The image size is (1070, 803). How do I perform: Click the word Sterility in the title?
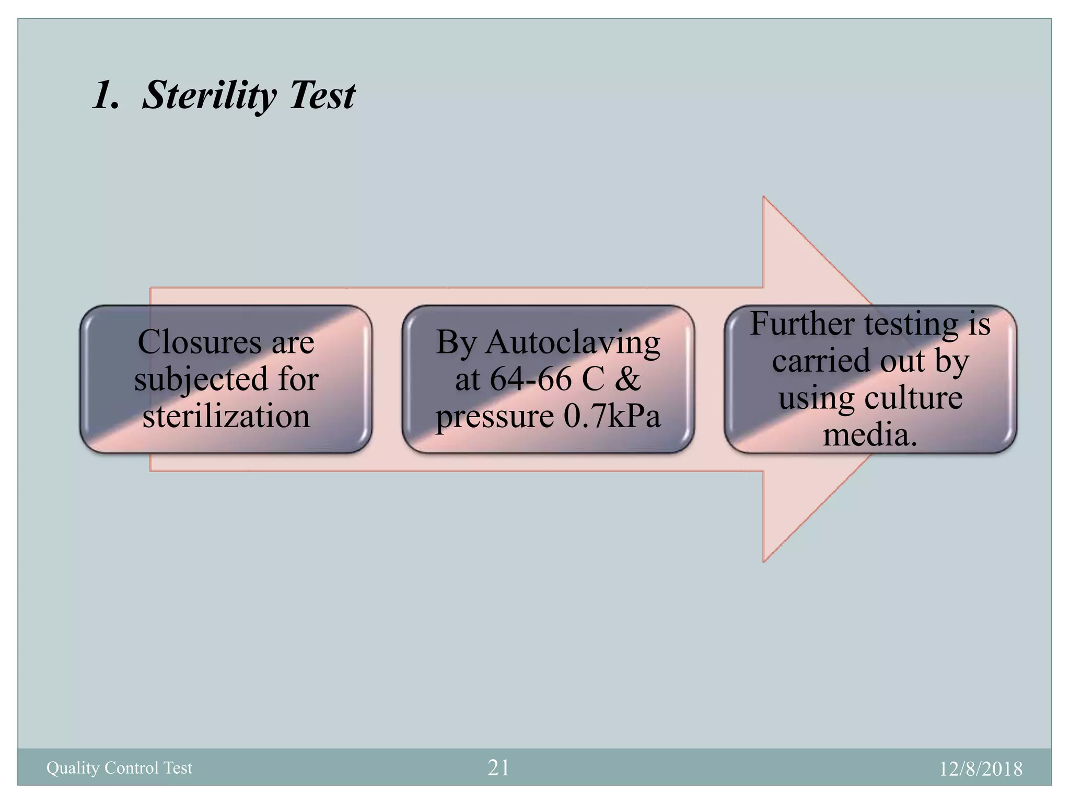click(208, 96)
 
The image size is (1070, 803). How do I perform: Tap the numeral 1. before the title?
click(106, 96)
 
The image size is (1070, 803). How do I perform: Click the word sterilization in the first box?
click(226, 417)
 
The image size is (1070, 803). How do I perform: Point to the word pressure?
click(494, 417)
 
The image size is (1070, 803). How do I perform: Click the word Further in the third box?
click(802, 324)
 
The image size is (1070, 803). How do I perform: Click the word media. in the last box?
click(870, 435)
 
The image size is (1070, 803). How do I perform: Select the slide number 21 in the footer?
click(498, 767)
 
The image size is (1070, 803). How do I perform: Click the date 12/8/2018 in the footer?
click(981, 768)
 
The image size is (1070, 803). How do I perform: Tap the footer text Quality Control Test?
click(119, 767)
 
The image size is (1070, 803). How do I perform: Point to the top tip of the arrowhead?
click(764, 198)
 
